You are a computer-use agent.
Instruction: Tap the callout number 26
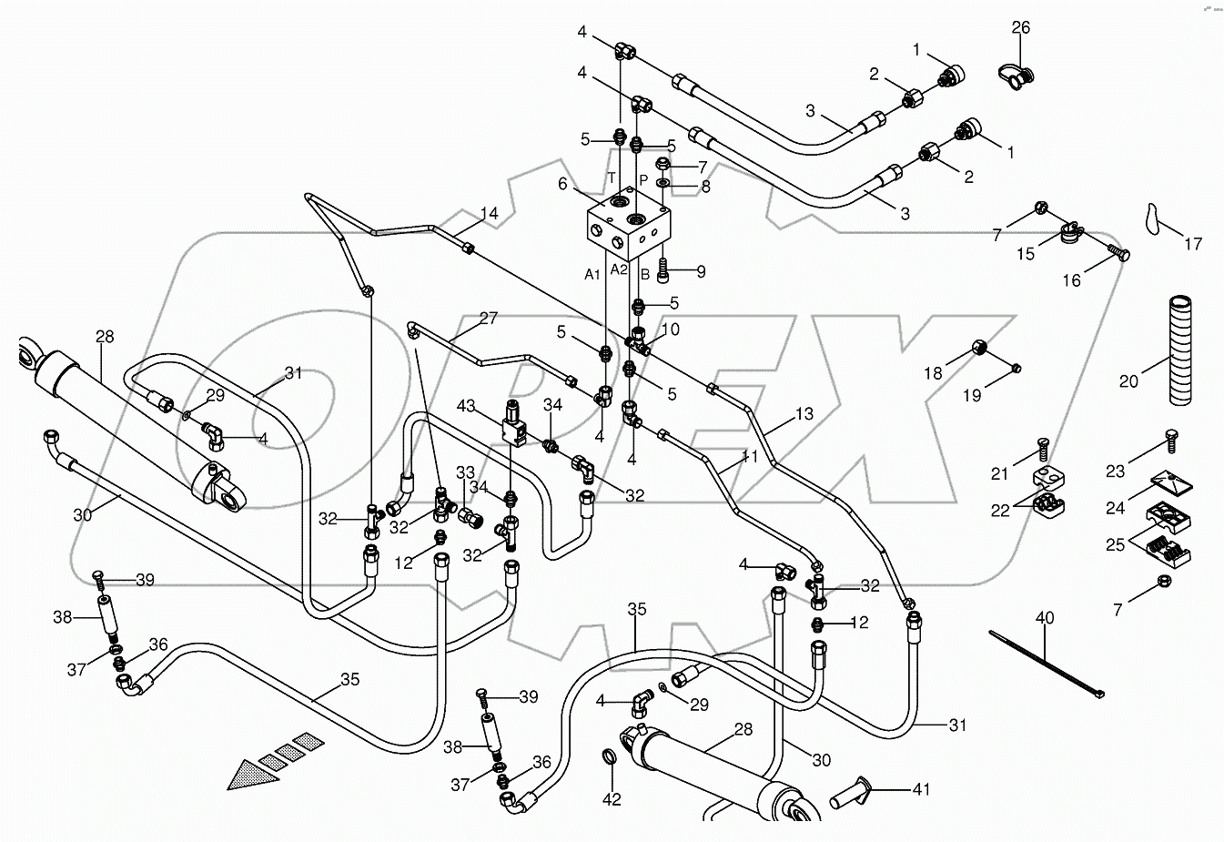(1020, 28)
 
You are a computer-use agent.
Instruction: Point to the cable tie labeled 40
(1046, 664)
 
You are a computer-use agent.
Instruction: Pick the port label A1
(592, 272)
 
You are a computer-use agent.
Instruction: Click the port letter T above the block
(612, 177)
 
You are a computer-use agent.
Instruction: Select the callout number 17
(1192, 244)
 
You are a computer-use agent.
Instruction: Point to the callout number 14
(490, 214)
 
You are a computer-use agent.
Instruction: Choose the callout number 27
(488, 319)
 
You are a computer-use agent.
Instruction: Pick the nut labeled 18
(980, 347)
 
